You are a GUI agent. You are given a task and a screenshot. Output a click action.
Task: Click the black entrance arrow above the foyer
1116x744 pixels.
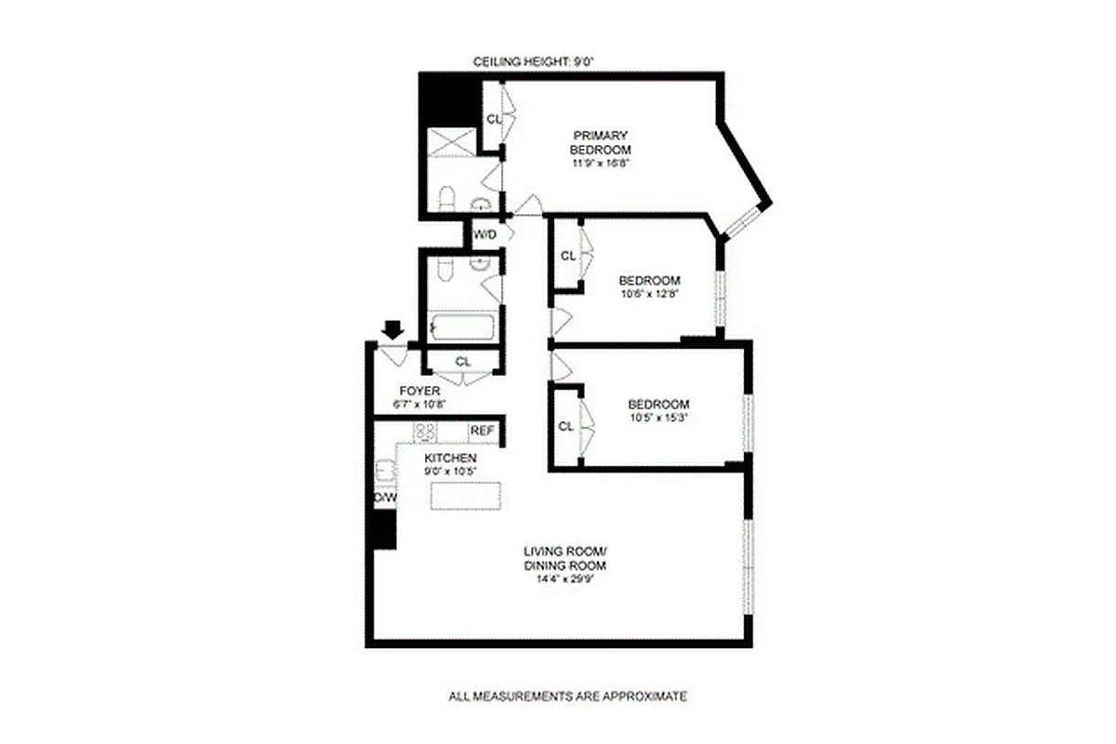[392, 329]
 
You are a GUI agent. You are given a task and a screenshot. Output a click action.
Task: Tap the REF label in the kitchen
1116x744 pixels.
[482, 431]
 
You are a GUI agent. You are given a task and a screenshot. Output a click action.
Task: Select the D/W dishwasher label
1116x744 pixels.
[385, 498]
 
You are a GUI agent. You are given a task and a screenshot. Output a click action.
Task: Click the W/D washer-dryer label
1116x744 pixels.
[485, 233]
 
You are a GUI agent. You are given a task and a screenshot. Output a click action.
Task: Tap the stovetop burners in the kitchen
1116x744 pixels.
[426, 432]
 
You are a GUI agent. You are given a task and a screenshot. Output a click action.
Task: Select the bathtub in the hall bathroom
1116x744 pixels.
[461, 328]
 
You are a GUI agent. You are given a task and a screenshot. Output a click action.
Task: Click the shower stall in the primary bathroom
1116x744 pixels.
[451, 142]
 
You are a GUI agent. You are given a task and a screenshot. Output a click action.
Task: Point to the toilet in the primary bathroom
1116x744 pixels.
[445, 200]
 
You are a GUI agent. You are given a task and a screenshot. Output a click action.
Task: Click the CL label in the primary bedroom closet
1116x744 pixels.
[493, 119]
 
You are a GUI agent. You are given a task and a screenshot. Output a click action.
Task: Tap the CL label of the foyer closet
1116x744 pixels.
[462, 361]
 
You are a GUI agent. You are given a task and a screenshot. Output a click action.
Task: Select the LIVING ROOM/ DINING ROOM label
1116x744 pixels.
[565, 558]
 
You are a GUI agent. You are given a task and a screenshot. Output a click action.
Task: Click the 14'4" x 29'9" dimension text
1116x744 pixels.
[565, 579]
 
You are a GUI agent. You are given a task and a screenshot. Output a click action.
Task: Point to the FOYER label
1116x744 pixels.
[418, 392]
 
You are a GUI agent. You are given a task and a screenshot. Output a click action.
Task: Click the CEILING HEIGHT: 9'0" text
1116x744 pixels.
[532, 62]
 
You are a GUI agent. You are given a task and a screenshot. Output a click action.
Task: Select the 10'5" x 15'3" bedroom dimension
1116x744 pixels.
[658, 418]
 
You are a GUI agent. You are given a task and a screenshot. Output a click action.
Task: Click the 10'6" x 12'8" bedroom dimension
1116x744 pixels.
[650, 294]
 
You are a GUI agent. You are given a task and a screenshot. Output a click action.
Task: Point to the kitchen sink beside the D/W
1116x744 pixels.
[384, 472]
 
